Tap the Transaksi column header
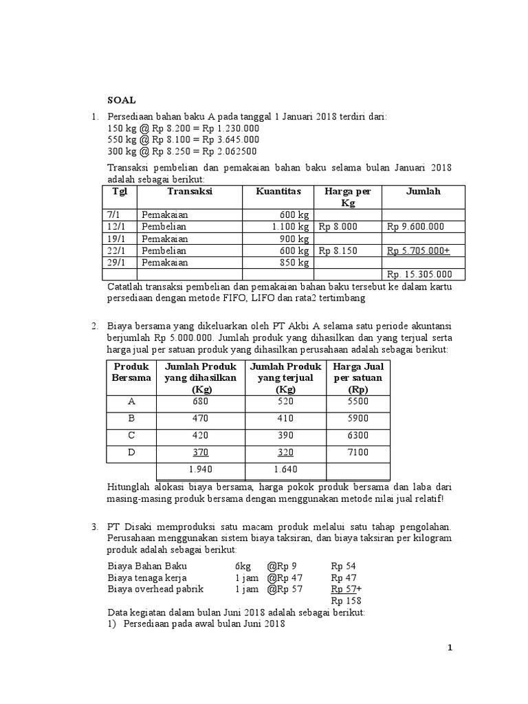190,192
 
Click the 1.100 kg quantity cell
291,226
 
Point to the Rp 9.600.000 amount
415,226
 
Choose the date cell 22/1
119,250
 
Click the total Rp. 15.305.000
419,274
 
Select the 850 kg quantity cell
295,263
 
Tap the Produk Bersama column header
131,373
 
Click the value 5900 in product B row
357,418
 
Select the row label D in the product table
131,452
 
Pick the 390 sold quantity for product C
285,435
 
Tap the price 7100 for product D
357,452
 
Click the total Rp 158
346,601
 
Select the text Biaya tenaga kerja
147,577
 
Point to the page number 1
450,648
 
